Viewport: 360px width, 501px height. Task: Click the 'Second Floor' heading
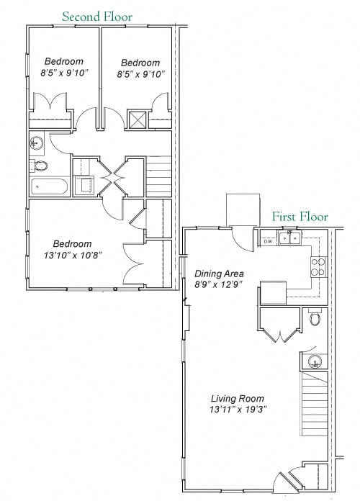(x=97, y=16)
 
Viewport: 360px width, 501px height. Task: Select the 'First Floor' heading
(x=300, y=217)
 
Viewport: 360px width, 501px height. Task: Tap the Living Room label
(x=237, y=398)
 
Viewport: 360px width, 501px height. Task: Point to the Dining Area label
(x=219, y=274)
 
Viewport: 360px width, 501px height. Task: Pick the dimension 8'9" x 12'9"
(x=219, y=285)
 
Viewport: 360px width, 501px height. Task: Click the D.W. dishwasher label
(x=268, y=241)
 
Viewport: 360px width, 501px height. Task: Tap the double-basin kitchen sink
(x=291, y=238)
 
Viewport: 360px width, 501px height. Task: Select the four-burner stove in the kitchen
(x=318, y=268)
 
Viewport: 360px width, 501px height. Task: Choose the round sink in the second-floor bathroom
(x=37, y=144)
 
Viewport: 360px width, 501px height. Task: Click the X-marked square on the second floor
(x=138, y=119)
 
